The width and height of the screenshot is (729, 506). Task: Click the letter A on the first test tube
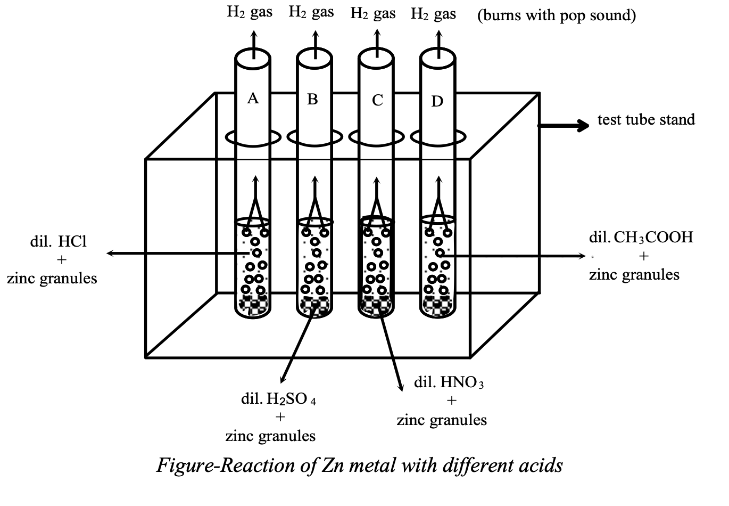pos(253,99)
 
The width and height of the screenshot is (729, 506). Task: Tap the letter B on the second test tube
pos(313,100)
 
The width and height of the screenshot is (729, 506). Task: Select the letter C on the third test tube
pos(377,100)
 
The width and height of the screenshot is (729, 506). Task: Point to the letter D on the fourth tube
pos(437,101)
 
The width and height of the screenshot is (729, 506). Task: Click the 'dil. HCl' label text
pos(59,242)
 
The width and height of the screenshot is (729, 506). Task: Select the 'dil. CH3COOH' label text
pos(641,237)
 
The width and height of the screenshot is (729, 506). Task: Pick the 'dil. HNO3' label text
pos(449,382)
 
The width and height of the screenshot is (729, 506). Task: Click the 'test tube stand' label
pos(646,119)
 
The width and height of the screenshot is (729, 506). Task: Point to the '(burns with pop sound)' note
pos(556,15)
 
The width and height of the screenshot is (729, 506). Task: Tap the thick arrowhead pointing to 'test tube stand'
pos(583,126)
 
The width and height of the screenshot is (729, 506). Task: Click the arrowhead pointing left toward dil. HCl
pos(111,254)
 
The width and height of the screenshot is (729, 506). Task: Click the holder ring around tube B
pos(313,137)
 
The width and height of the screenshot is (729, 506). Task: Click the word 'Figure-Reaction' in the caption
pos(209,466)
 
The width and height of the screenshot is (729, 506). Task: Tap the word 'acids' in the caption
pos(539,466)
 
